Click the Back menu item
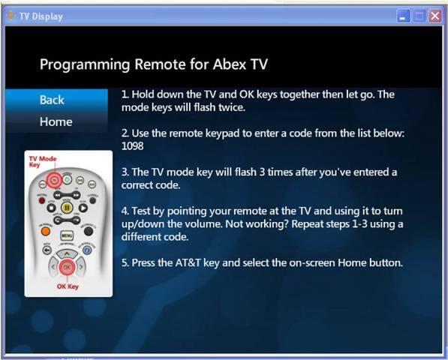point(53,100)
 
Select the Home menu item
point(56,121)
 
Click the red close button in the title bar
point(434,16)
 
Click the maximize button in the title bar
point(419,16)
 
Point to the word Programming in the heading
point(83,64)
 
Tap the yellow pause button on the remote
point(66,208)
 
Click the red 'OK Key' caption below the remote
point(68,286)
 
